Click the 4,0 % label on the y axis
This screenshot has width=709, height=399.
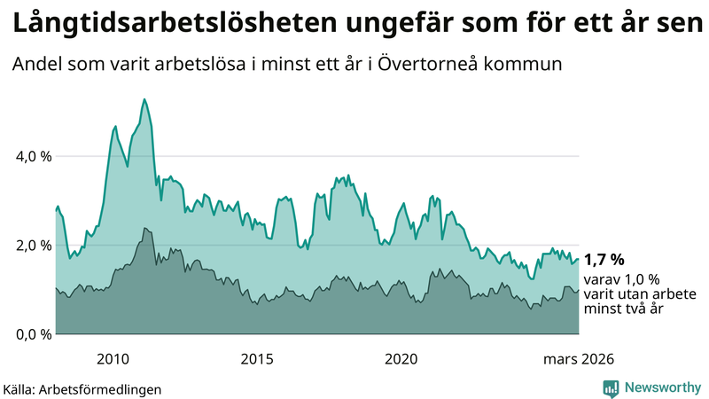[35, 156]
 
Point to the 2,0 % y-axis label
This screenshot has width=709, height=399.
[35, 246]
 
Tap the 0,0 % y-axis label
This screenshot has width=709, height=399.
[35, 334]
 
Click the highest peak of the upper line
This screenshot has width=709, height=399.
[144, 99]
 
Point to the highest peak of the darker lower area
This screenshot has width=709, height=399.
[144, 228]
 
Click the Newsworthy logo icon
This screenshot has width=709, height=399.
[612, 387]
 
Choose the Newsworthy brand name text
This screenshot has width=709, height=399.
[662, 387]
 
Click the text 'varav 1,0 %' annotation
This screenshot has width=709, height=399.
[621, 278]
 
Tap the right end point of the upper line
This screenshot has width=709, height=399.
[579, 260]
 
